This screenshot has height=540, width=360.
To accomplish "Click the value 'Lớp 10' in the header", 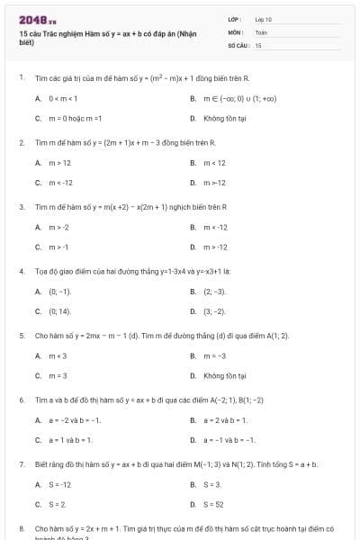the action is point(264,19).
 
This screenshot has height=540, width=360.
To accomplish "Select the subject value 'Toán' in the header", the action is point(261,31).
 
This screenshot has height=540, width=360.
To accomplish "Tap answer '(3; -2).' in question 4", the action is point(214,311).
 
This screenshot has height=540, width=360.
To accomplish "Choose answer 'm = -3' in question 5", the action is point(216,355).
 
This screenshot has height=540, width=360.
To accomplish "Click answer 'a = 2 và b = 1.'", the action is point(225,420).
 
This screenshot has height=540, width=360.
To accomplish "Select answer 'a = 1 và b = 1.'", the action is point(70,440).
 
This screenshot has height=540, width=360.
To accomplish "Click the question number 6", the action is point(21,399).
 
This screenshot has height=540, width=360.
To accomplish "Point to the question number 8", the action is point(21,528).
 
